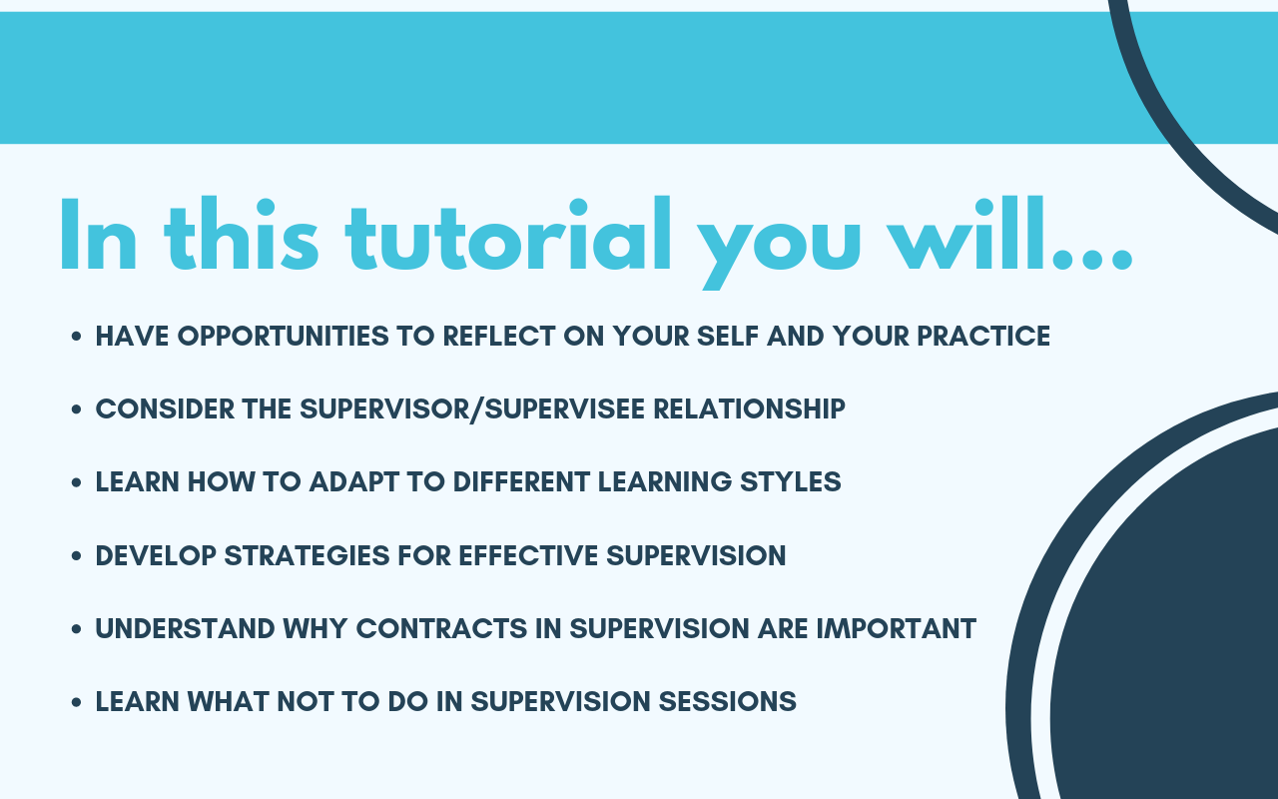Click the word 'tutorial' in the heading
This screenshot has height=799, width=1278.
(x=508, y=234)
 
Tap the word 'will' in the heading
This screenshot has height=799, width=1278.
(x=966, y=233)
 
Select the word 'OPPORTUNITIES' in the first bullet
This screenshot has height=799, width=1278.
(x=283, y=337)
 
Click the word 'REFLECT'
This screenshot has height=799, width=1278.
(x=498, y=337)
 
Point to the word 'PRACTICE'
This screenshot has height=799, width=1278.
(x=983, y=337)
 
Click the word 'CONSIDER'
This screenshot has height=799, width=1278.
(x=165, y=409)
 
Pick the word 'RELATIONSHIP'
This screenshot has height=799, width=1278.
(x=749, y=409)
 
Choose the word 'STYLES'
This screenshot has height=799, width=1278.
(x=790, y=482)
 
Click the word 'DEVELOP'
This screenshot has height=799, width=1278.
(x=156, y=556)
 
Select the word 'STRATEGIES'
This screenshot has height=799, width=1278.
(x=307, y=556)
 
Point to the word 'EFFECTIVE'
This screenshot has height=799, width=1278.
(x=528, y=556)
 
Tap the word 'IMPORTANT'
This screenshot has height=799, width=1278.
(x=897, y=629)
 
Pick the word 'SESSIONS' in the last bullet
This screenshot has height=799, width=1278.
(x=728, y=702)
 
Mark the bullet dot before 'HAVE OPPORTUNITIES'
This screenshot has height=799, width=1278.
(x=77, y=337)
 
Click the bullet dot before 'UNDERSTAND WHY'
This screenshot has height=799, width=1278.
(x=77, y=629)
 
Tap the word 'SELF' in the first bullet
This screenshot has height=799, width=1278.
(x=728, y=337)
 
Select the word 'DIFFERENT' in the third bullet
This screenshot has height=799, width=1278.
(x=521, y=482)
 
